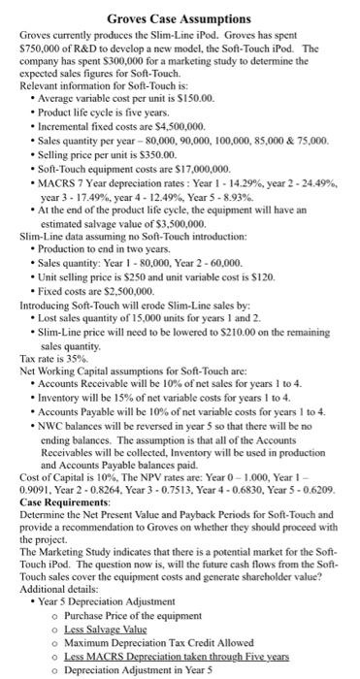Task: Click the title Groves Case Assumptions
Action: coord(179,17)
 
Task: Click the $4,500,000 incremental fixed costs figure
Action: coord(177,127)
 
